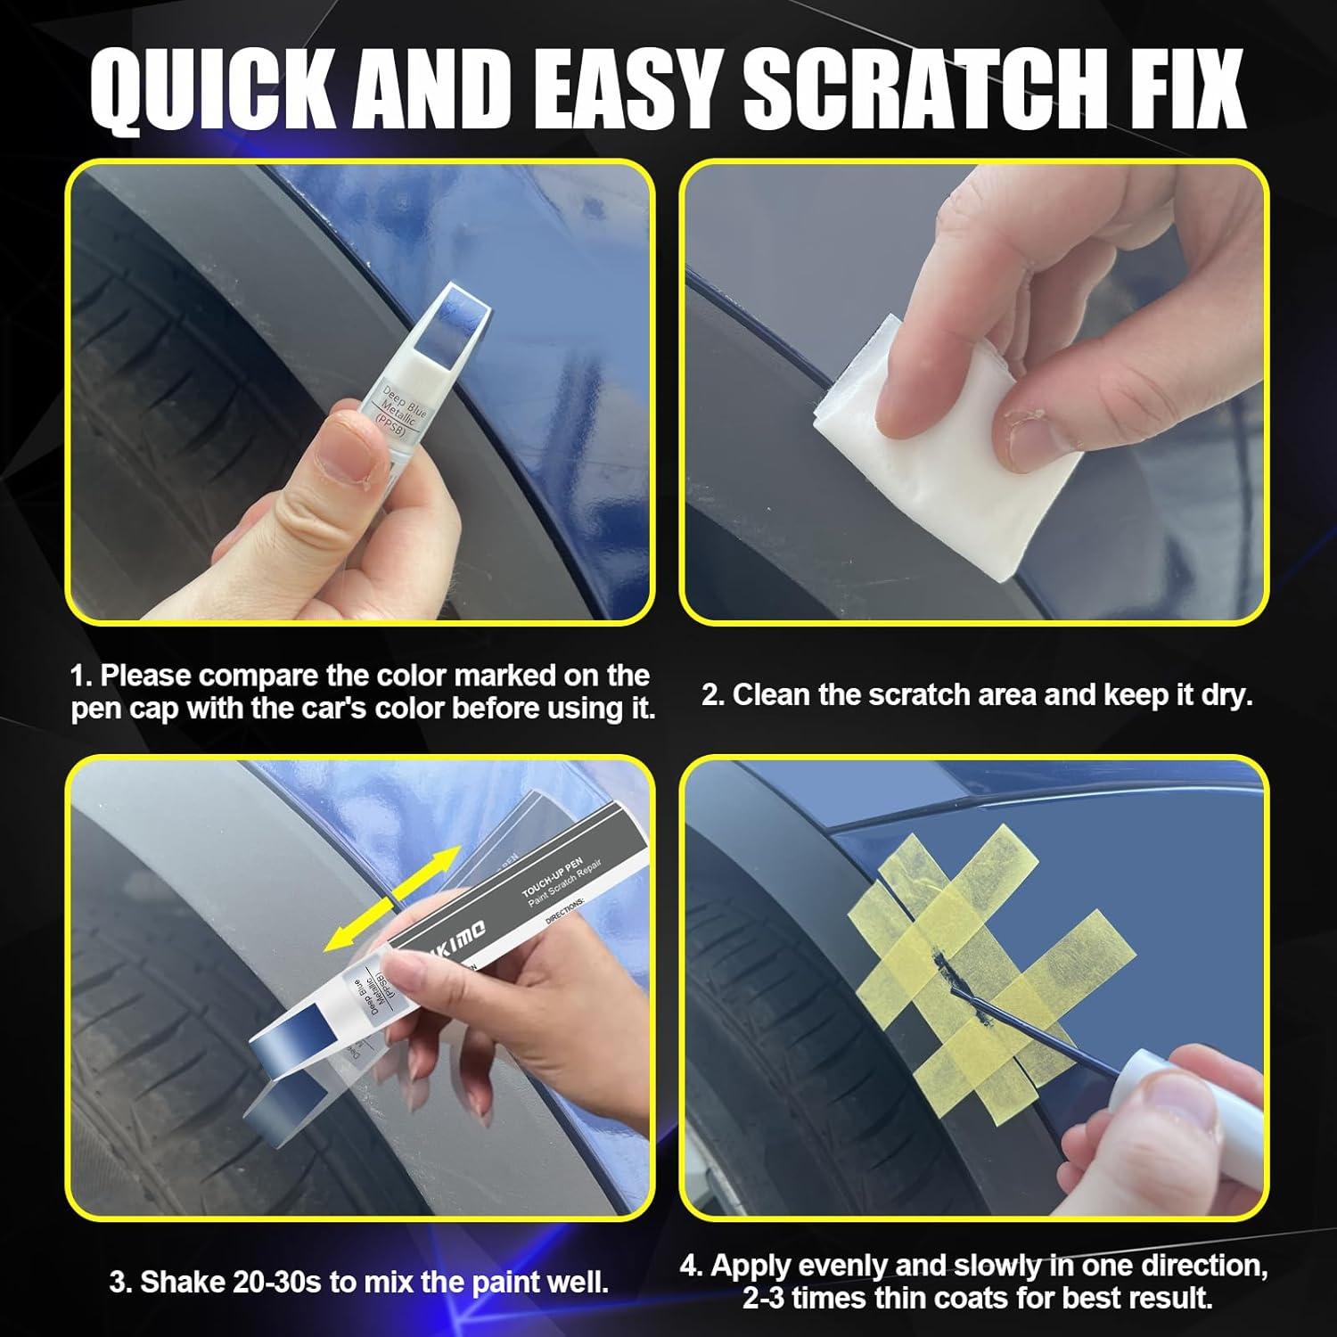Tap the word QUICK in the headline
coord(214,90)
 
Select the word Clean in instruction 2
coord(771,694)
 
